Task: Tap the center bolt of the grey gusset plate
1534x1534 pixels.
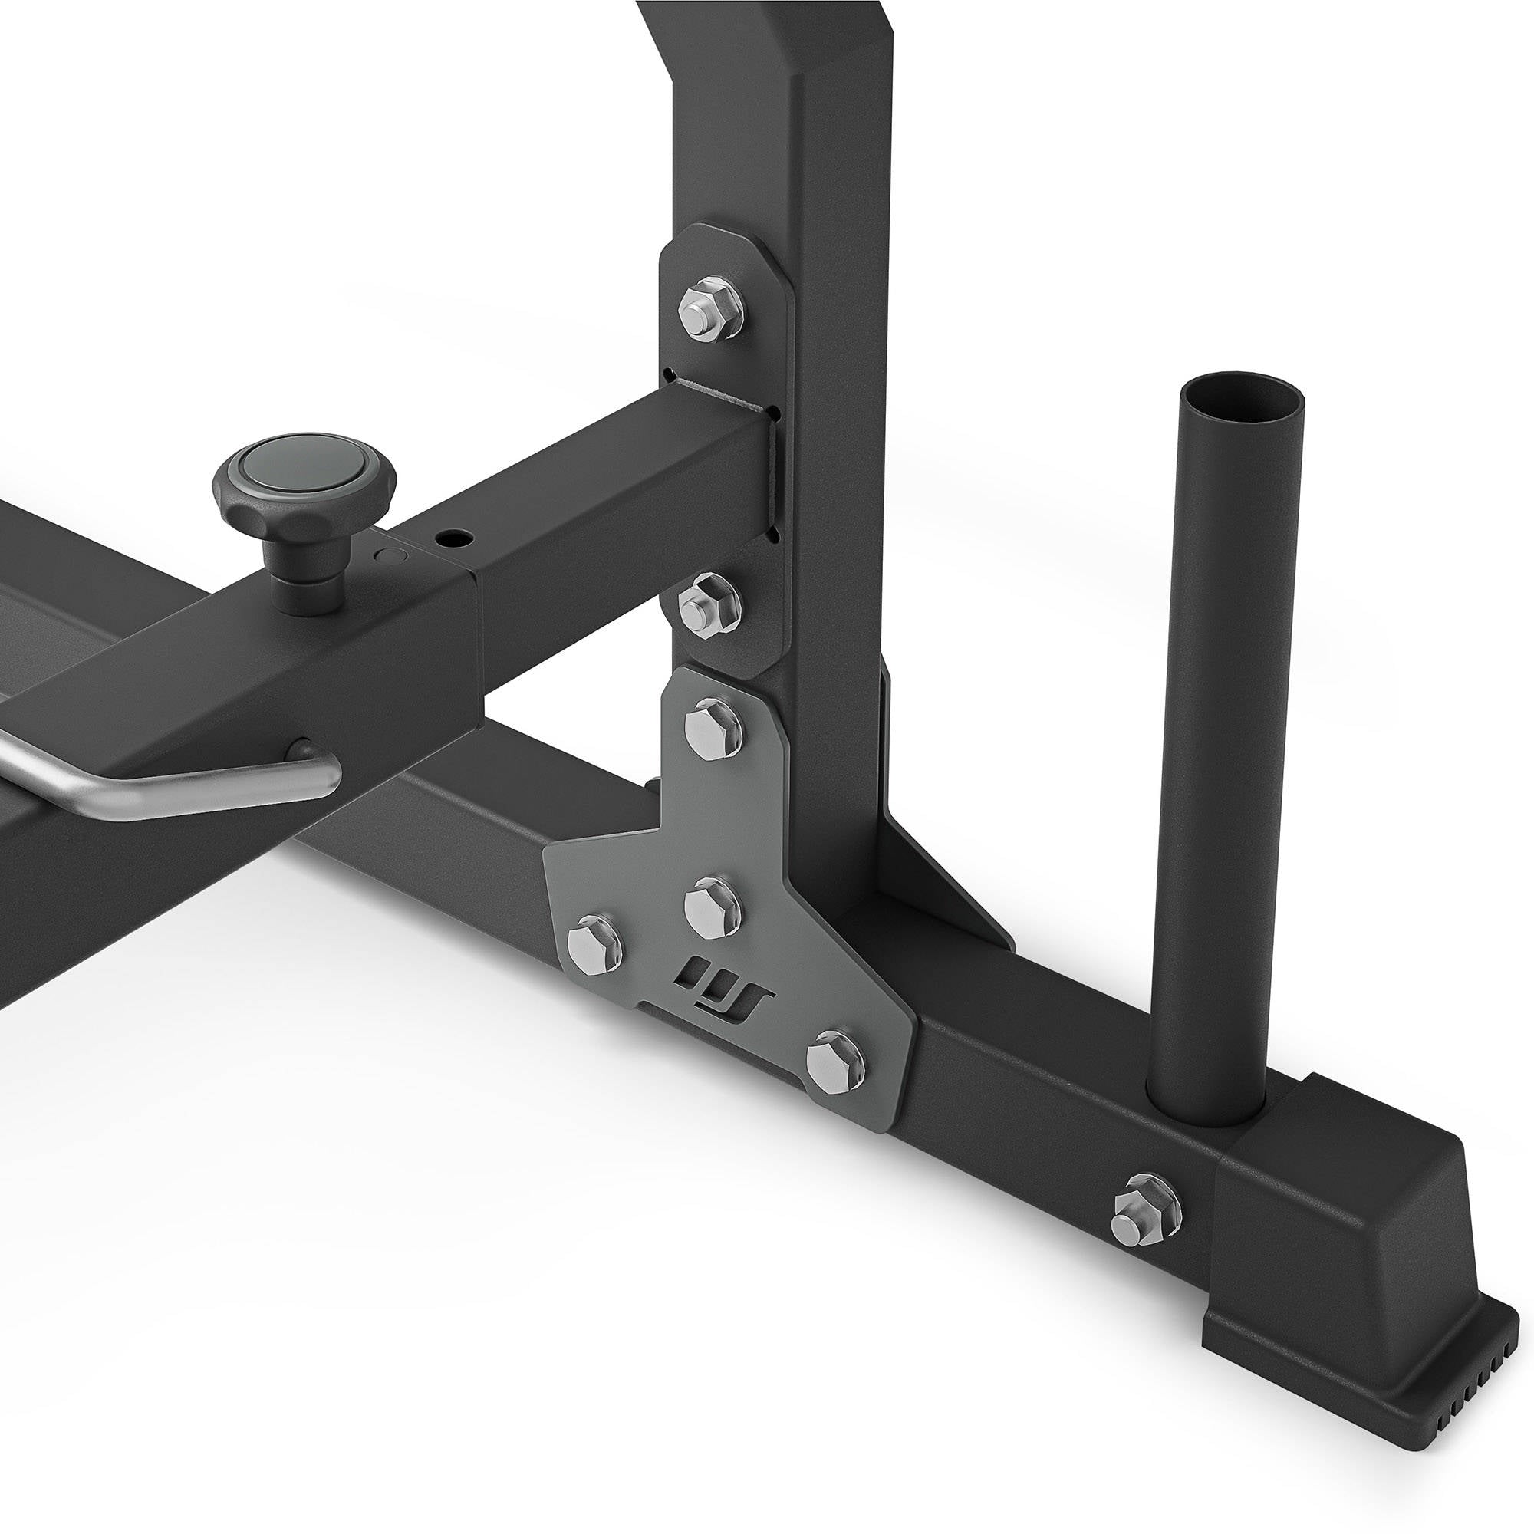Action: pos(713,907)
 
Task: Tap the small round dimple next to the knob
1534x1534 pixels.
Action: pos(388,555)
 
